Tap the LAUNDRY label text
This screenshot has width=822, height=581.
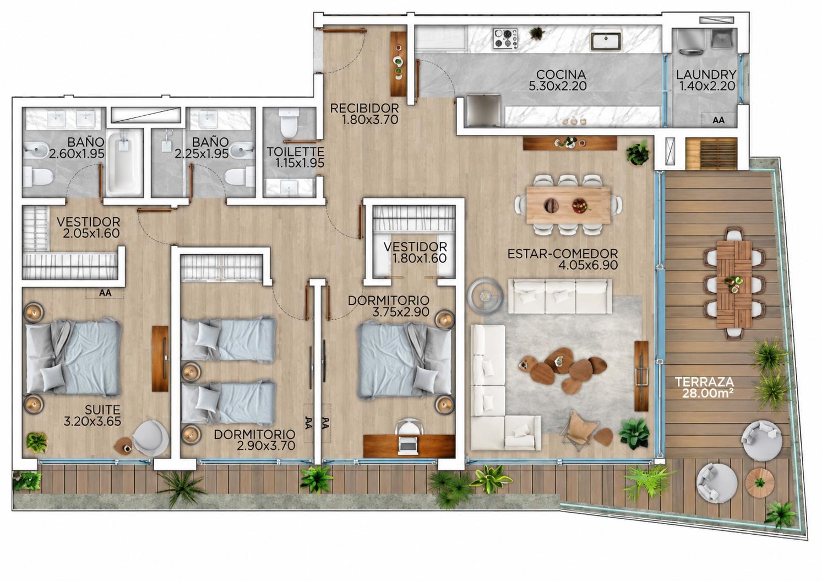click(706, 74)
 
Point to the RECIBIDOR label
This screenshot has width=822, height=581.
click(364, 109)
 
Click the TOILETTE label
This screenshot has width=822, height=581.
click(296, 152)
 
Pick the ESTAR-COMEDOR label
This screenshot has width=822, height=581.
click(563, 254)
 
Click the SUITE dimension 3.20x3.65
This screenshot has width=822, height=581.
click(92, 421)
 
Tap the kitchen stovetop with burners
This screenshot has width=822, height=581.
click(505, 38)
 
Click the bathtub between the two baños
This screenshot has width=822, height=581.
click(124, 162)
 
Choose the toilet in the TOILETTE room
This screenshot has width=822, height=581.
click(288, 123)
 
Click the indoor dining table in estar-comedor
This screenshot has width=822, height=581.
click(568, 205)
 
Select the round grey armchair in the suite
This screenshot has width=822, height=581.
click(151, 438)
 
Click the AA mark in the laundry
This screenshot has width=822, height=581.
click(718, 120)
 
